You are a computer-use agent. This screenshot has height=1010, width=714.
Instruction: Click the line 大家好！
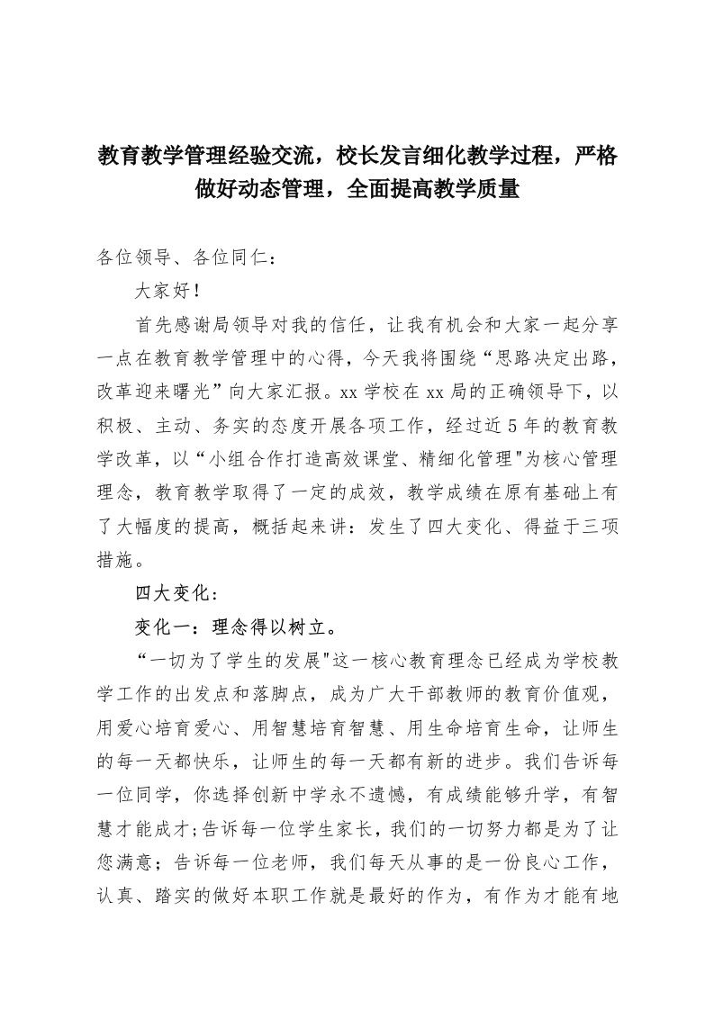click(x=161, y=292)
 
